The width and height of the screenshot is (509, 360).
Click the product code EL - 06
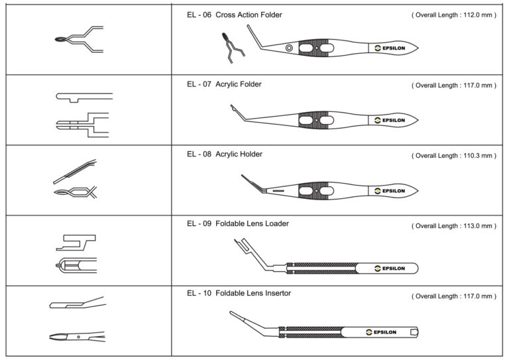pos(199,15)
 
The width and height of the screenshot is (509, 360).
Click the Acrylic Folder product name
pos(239,84)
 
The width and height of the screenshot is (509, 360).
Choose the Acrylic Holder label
pos(239,154)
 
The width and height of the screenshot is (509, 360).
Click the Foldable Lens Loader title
pos(252,223)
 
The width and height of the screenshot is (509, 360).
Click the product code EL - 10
pos(199,293)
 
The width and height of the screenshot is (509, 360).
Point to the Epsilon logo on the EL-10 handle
pos(380,331)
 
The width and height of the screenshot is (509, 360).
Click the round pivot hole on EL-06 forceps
pos(289,48)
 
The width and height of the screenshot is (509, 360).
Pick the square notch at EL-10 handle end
pos(414,331)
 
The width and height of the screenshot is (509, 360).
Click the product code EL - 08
pos(199,154)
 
